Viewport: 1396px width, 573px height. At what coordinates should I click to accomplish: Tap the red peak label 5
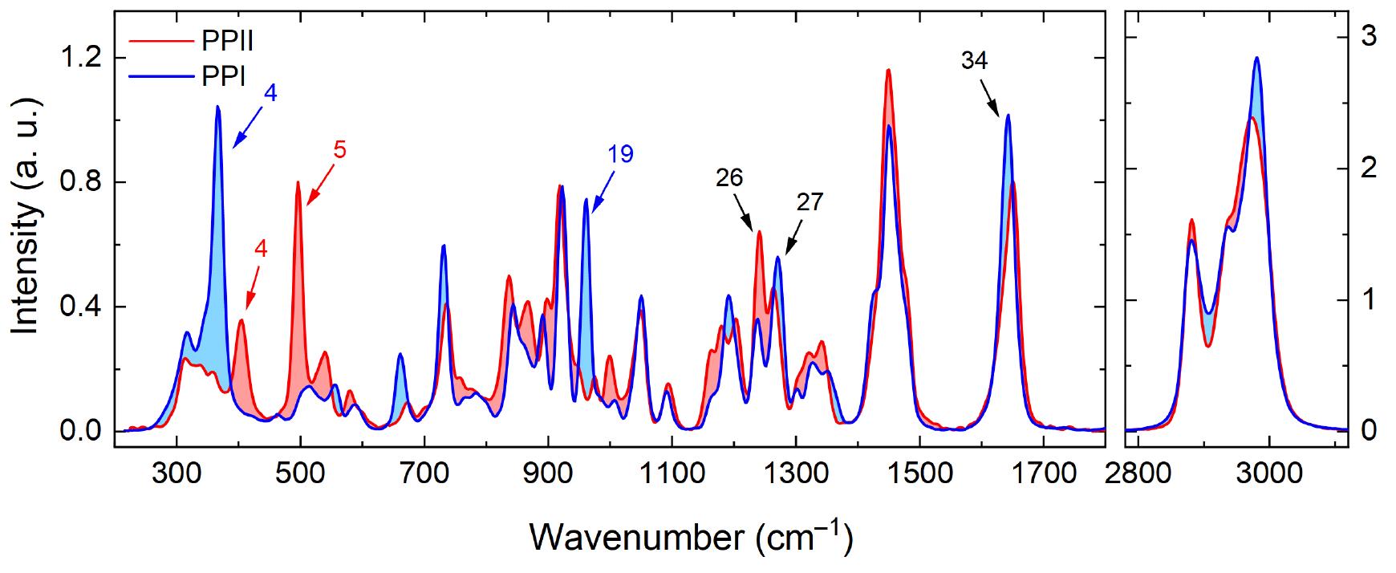click(339, 150)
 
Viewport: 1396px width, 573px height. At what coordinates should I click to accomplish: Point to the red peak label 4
click(260, 249)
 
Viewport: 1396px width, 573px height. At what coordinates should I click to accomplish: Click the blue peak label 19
click(620, 154)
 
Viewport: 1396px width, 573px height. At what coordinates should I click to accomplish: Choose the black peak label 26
click(730, 177)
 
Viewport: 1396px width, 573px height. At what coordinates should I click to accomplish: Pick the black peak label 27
click(810, 202)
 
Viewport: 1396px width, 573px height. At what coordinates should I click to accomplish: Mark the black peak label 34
click(974, 61)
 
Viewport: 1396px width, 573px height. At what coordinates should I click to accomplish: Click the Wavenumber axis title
click(690, 535)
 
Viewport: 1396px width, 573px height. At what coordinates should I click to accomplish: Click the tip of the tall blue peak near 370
click(217, 107)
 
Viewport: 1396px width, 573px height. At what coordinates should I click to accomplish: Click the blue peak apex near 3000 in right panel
click(1256, 58)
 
